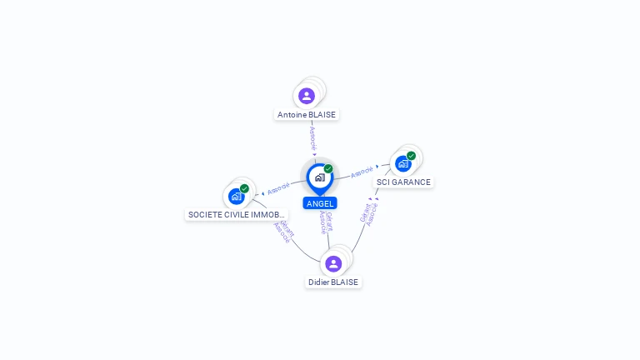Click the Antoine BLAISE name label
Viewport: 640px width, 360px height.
pos(307,115)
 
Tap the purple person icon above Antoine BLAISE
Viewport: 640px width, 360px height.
pos(307,96)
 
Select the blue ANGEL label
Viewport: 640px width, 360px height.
pos(320,203)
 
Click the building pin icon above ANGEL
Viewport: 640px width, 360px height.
pos(319,177)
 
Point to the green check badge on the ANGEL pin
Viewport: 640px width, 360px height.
pos(328,168)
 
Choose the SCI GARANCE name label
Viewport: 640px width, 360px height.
pos(403,182)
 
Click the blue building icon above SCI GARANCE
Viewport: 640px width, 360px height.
pos(403,163)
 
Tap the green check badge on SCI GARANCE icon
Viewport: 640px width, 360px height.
pos(411,156)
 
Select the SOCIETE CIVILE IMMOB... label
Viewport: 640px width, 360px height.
pos(237,215)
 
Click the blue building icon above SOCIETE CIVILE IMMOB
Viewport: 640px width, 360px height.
pos(237,197)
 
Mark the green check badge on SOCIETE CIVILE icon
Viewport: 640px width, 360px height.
pos(244,188)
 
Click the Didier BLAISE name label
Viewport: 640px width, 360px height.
pos(333,282)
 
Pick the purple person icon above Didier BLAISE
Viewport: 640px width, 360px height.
pos(333,263)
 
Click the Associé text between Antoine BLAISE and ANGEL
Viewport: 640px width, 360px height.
pos(312,138)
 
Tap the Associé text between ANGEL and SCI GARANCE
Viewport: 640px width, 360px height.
pos(362,172)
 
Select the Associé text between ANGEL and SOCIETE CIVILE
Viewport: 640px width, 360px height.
pos(279,187)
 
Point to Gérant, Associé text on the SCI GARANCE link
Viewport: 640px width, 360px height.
pos(369,212)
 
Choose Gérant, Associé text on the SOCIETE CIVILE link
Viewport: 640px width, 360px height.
pos(283,232)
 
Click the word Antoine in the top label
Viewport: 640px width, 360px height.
pos(292,115)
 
